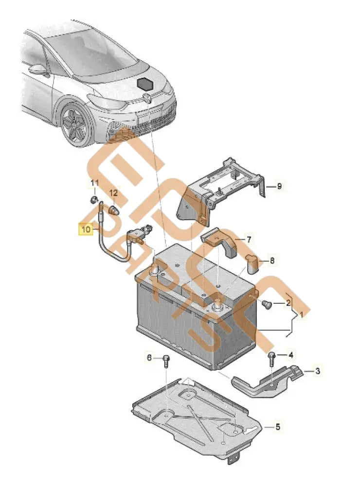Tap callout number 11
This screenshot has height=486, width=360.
(x=95, y=183)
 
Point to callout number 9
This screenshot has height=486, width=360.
(x=279, y=186)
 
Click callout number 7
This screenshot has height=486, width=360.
(x=249, y=240)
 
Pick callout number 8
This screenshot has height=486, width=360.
(x=272, y=261)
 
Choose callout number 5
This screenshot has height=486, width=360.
(x=278, y=427)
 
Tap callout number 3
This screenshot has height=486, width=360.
(x=317, y=371)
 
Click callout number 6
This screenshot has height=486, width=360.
(x=149, y=358)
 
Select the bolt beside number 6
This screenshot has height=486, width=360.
(x=166, y=361)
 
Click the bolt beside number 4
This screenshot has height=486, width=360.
(x=271, y=359)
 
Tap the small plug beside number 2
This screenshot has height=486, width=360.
(x=266, y=304)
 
